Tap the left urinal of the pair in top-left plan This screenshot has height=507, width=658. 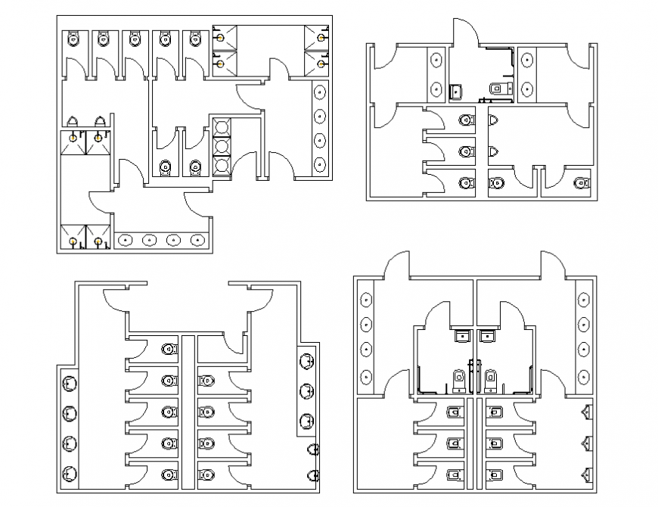coord(73,121)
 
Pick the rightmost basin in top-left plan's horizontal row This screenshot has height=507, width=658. coord(198,241)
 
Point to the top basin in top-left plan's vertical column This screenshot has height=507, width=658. coord(321,93)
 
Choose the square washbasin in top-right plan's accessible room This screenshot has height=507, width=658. coord(455,92)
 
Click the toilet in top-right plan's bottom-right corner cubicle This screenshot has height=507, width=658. coord(580,182)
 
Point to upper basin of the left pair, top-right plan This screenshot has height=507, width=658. coord(436,61)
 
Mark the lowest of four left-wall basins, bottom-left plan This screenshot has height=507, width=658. coord(69,472)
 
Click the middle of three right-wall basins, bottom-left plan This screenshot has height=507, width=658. coord(306,391)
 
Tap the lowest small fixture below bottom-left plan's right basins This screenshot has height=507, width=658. coord(314,474)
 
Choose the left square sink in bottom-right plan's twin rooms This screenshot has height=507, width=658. coord(461,334)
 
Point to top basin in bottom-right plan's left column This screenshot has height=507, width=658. coord(367,299)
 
